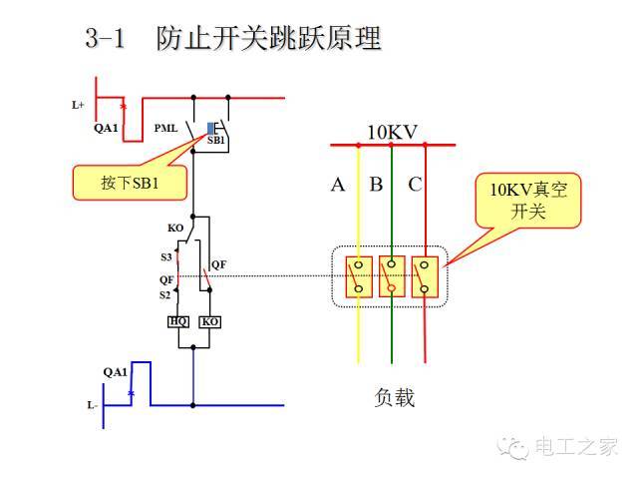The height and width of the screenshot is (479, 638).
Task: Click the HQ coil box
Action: [x=178, y=321]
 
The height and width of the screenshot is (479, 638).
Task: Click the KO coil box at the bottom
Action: [x=209, y=321]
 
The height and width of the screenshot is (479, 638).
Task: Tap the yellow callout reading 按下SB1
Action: [x=131, y=184]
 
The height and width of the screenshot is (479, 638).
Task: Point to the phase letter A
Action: [x=338, y=185]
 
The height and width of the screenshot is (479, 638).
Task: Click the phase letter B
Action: [x=376, y=185]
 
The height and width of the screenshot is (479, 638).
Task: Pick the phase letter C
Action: [x=415, y=185]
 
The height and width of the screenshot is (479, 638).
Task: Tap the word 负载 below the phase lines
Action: [x=392, y=397]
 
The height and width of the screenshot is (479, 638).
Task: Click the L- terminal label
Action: [x=92, y=405]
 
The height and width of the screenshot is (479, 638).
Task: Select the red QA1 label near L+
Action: [x=106, y=128]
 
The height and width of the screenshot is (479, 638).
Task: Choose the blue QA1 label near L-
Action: [x=116, y=372]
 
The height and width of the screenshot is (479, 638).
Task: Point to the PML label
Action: [x=166, y=129]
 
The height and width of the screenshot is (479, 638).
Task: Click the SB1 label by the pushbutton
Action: [x=216, y=142]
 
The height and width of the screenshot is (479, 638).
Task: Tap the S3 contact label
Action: [x=166, y=257]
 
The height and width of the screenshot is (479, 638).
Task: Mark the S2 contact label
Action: [x=165, y=295]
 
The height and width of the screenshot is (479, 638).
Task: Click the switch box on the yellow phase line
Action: [x=359, y=276]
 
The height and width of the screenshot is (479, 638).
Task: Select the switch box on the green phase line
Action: [x=392, y=276]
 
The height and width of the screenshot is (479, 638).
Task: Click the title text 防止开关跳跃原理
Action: [x=269, y=40]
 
